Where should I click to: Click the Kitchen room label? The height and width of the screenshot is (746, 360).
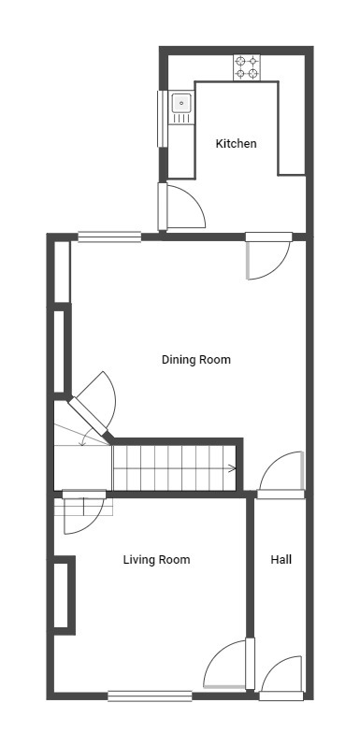tap(236, 144)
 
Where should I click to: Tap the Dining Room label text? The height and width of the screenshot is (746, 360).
tap(195, 360)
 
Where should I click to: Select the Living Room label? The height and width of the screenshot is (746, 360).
tap(156, 560)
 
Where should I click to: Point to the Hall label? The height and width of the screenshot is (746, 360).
tap(281, 559)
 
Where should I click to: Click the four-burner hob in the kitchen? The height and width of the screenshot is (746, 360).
tap(247, 67)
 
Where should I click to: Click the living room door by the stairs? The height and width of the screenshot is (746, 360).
tap(84, 512)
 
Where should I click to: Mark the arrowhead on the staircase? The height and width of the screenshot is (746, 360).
tap(233, 468)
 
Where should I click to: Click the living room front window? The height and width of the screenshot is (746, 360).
tap(150, 696)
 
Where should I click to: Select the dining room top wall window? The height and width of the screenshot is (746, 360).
tap(109, 237)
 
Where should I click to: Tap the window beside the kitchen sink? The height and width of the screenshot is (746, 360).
tap(163, 119)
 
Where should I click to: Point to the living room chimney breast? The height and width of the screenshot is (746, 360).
tap(65, 595)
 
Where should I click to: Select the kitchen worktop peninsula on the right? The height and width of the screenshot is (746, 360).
tap(292, 127)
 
